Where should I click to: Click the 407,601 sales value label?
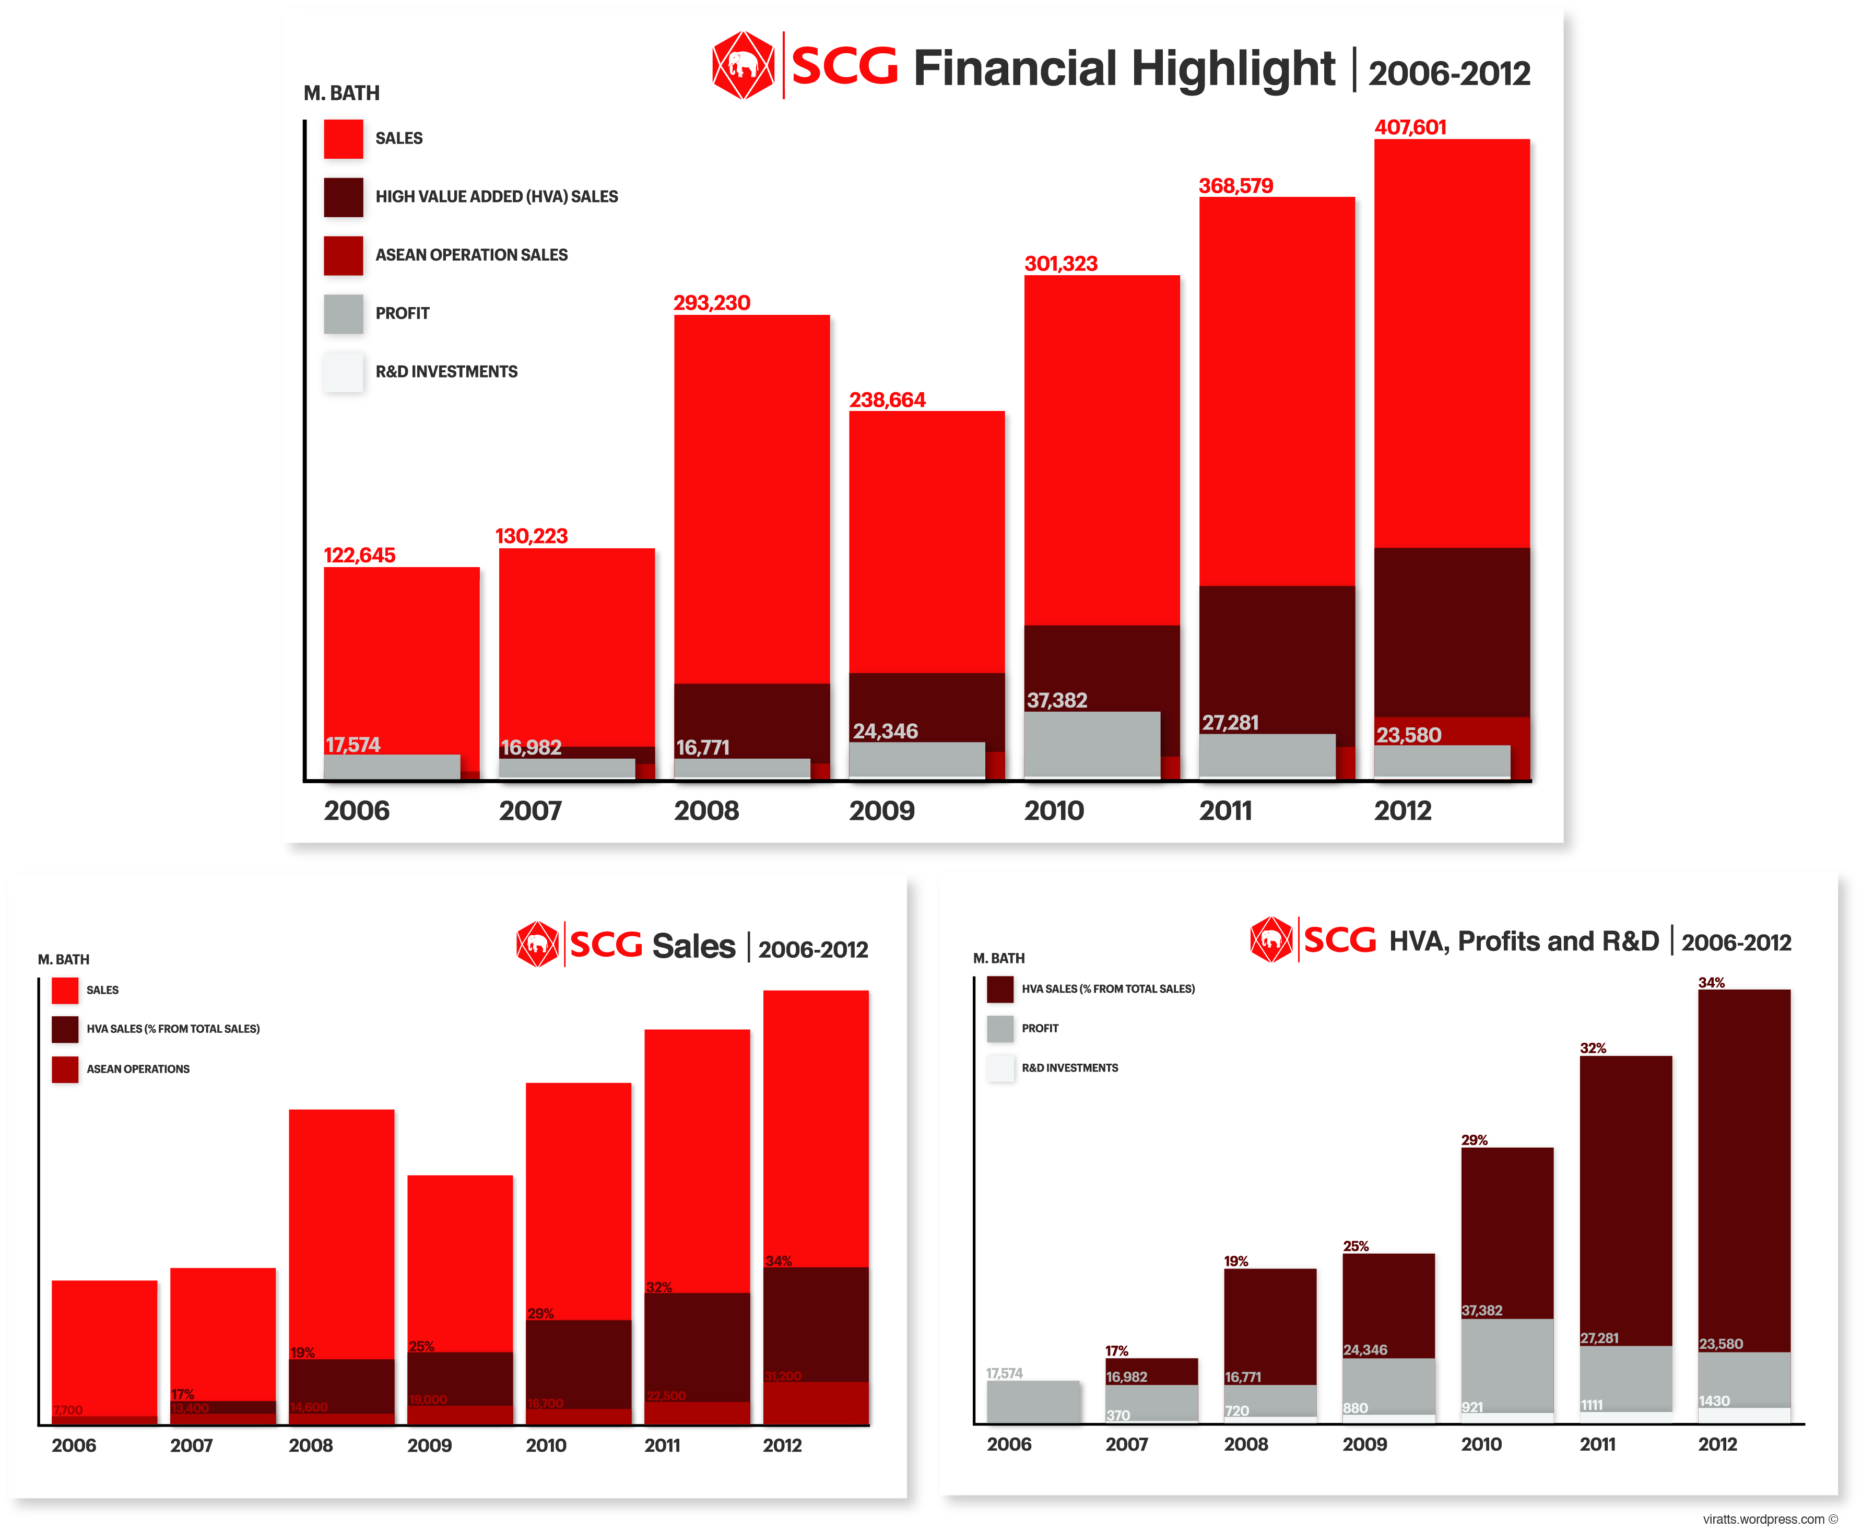pyautogui.click(x=1410, y=128)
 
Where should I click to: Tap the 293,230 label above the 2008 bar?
pyautogui.click(x=711, y=303)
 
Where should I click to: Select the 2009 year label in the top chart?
pyautogui.click(x=881, y=811)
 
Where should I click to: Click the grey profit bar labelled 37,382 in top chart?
pyautogui.click(x=1091, y=745)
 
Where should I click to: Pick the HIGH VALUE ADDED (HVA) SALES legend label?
pyautogui.click(x=496, y=196)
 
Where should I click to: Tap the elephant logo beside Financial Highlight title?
pyautogui.click(x=743, y=66)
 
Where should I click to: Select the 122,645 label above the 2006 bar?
pyautogui.click(x=360, y=555)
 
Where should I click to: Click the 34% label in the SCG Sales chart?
pyautogui.click(x=778, y=1261)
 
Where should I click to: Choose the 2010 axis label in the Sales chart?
pyautogui.click(x=546, y=1445)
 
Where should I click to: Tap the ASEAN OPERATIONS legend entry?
pyautogui.click(x=137, y=1069)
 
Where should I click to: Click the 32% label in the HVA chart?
pyautogui.click(x=1593, y=1048)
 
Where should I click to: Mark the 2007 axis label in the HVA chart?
pyautogui.click(x=1126, y=1444)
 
